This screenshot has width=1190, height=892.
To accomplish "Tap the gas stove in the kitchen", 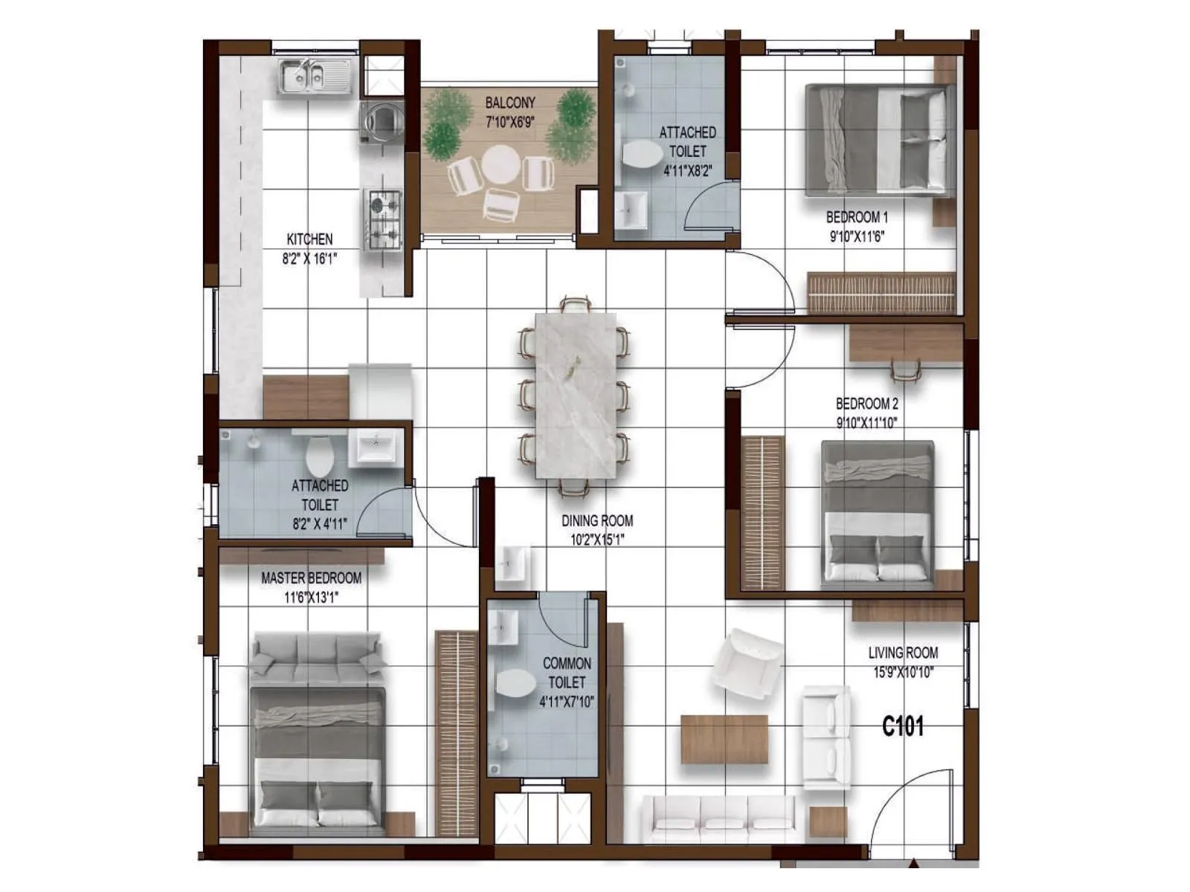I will (x=384, y=219).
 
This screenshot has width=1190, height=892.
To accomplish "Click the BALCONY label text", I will (x=510, y=103).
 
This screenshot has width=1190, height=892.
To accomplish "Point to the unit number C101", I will (x=902, y=725).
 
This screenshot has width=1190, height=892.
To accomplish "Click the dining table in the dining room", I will (x=575, y=394).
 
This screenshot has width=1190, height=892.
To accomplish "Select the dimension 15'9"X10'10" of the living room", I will (x=903, y=673).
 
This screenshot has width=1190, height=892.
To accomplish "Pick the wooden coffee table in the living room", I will (x=724, y=739).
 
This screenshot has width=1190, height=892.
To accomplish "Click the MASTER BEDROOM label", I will (x=311, y=578).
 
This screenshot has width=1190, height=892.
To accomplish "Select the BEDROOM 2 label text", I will (x=866, y=404).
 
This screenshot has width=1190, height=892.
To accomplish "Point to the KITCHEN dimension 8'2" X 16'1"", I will (x=309, y=259).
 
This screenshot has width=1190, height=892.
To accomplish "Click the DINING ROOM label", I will (x=597, y=520).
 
